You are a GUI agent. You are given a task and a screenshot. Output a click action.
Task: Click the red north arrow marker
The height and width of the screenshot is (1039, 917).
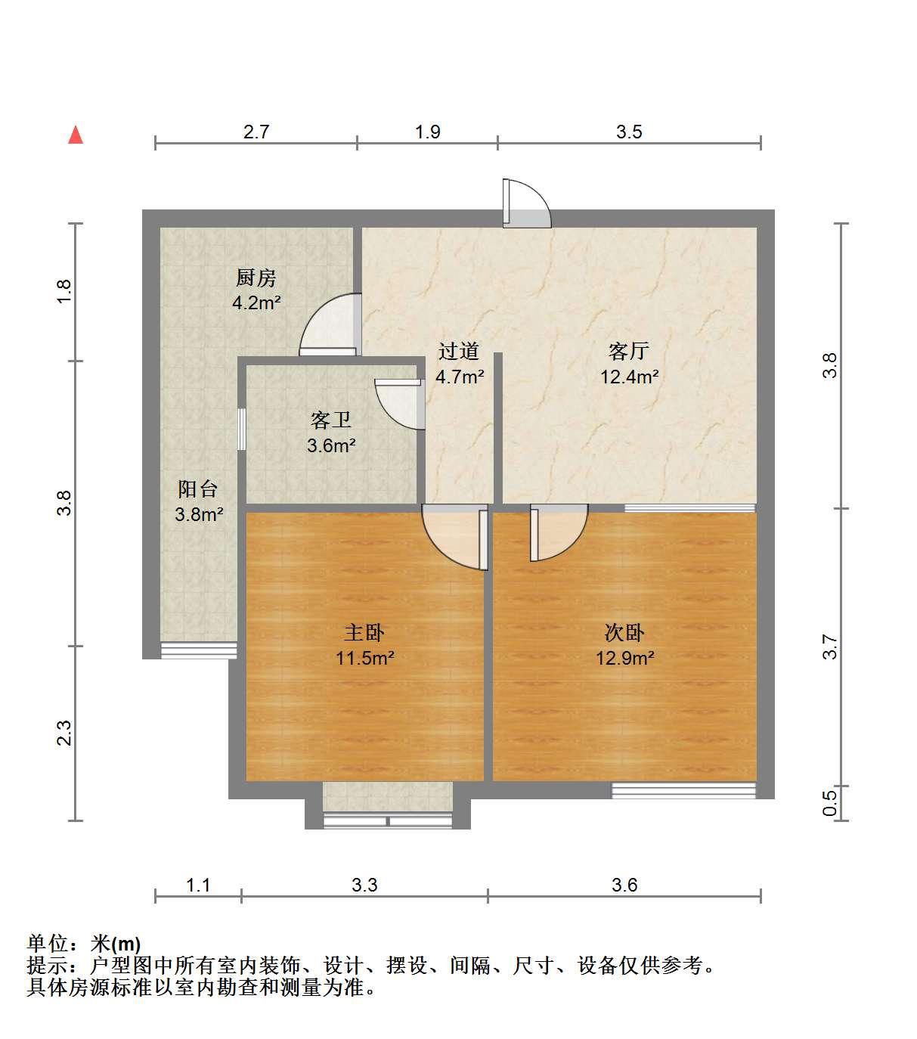(76, 135)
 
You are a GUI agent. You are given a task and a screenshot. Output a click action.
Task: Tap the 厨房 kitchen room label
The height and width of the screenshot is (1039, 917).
(256, 278)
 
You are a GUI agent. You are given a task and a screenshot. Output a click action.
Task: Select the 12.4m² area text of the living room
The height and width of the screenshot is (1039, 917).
(629, 377)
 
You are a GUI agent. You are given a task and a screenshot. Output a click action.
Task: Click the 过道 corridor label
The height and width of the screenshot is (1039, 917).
(459, 352)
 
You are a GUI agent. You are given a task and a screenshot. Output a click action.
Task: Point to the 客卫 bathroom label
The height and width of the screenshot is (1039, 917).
(331, 420)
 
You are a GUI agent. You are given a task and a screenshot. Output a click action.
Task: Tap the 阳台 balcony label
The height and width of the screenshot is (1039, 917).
(198, 489)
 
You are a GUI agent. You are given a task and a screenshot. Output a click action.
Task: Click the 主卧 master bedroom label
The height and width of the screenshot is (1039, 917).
(364, 633)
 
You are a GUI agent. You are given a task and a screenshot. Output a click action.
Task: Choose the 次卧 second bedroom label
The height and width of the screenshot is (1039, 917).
(624, 633)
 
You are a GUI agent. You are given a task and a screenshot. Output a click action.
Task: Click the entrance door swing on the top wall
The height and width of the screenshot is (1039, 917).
(527, 203)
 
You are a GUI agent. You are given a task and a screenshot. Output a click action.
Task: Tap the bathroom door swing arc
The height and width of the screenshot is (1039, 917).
(400, 404)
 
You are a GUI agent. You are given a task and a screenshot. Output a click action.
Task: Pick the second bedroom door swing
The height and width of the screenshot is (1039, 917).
(559, 533)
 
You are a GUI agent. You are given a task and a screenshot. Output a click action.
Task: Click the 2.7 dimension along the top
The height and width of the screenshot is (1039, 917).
(256, 132)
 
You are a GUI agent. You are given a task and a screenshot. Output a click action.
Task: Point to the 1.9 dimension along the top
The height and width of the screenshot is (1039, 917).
(428, 132)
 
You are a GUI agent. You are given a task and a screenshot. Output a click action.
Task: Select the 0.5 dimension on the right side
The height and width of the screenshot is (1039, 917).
(829, 803)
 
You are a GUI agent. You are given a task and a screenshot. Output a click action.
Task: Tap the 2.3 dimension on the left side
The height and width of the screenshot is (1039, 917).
(64, 734)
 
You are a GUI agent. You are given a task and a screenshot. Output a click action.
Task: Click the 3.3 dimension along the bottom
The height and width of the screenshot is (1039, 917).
(364, 885)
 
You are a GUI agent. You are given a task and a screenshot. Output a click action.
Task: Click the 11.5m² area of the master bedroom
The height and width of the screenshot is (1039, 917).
(364, 658)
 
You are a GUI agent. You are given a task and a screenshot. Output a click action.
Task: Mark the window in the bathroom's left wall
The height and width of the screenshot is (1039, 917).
(242, 430)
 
